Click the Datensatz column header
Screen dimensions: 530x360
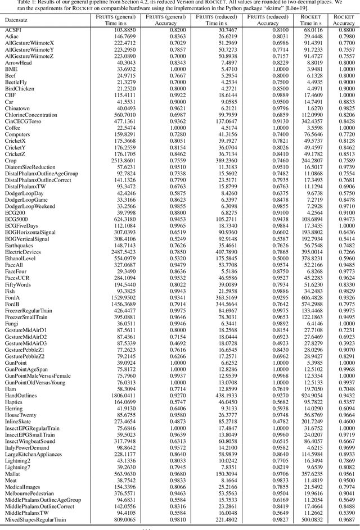pyautogui.click(x=17, y=20)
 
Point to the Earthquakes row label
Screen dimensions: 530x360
pyautogui.click(x=20, y=246)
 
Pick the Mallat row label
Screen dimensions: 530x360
pyautogui.click(x=13, y=474)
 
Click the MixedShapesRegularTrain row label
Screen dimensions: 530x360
pyautogui.click(x=35, y=520)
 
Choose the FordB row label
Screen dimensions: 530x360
pyautogui.click(x=12, y=304)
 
